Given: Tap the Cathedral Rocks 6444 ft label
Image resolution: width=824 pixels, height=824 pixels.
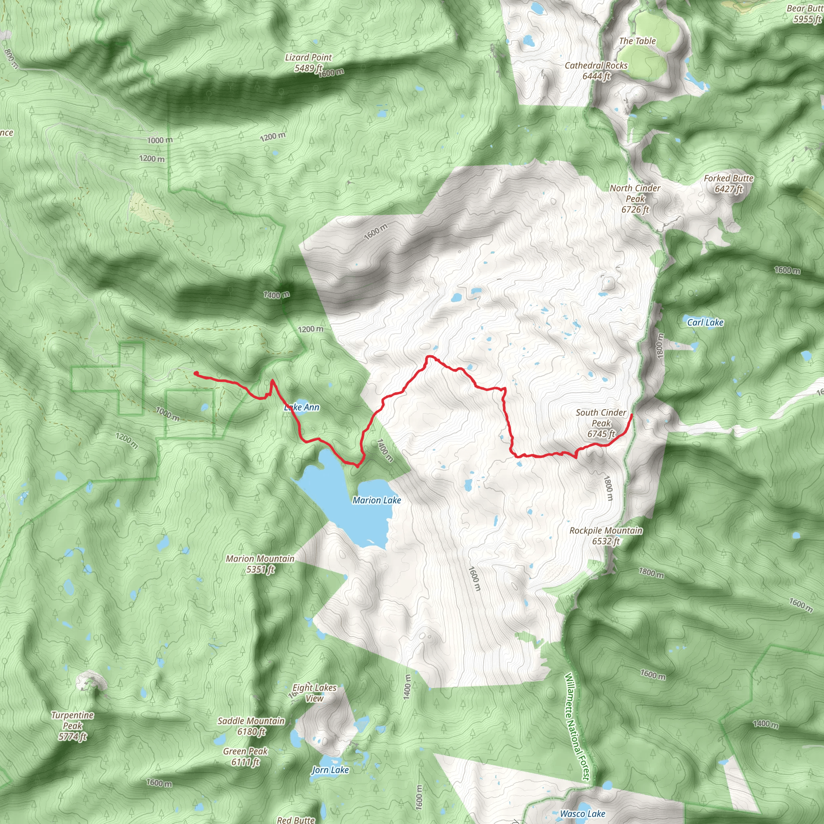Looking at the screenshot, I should [x=596, y=71].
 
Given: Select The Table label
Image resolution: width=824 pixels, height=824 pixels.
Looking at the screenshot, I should [x=637, y=41].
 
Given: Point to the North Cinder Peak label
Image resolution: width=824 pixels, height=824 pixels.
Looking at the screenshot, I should [x=634, y=199].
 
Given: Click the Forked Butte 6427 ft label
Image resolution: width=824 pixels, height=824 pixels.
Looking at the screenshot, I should [x=729, y=183].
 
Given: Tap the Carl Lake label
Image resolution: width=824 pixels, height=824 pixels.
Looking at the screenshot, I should [x=705, y=322].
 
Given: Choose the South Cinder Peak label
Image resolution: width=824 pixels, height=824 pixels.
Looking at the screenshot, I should [x=601, y=423].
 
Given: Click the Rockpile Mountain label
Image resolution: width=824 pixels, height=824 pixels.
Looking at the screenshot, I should [x=606, y=536].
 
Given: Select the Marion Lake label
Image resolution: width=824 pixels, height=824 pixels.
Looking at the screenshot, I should [x=377, y=500].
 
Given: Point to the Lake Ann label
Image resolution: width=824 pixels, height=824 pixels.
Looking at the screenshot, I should [x=302, y=407].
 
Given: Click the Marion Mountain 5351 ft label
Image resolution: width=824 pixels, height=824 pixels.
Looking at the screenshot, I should [x=260, y=564].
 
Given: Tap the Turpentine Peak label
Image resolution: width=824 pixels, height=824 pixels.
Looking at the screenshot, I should [x=72, y=725].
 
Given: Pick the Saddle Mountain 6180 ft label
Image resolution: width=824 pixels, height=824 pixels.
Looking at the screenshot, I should [x=251, y=726].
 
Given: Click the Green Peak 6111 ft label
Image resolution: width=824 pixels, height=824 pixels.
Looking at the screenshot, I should [x=245, y=757].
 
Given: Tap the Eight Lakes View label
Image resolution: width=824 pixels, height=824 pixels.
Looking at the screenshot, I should [x=314, y=693].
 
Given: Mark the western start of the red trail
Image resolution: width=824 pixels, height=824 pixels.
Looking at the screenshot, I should [x=196, y=373].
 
